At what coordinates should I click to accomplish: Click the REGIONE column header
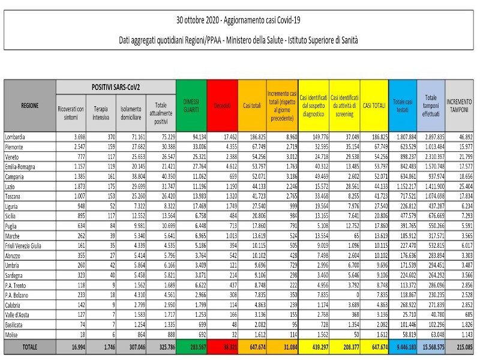point(29,105)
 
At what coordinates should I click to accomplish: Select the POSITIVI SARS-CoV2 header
point(115,87)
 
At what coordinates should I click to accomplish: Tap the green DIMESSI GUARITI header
point(191,105)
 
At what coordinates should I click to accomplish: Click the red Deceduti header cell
point(222,106)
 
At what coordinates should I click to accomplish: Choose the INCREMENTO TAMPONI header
point(460,105)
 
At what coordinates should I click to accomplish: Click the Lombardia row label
point(18,137)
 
